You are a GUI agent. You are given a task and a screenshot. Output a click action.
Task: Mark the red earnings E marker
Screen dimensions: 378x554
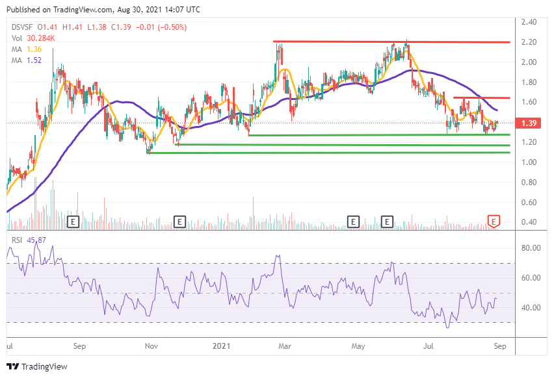[x=494, y=222]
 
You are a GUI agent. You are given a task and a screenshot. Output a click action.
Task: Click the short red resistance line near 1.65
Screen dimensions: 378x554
[x=481, y=98]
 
